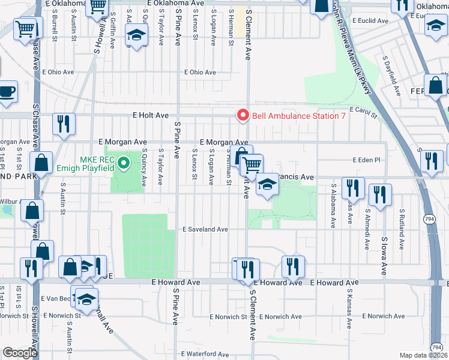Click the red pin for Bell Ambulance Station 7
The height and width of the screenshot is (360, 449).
(x=243, y=115)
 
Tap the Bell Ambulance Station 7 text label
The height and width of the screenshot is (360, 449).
(x=298, y=116)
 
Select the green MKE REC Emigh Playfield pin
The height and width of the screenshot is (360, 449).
(x=124, y=162)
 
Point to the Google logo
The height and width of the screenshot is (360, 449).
(x=19, y=353)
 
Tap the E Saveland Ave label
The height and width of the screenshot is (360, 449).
(x=205, y=229)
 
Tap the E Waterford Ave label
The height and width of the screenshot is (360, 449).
(x=206, y=354)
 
